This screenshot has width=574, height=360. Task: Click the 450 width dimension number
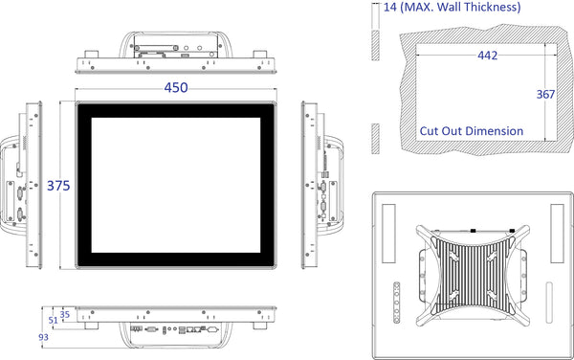(x=176, y=88)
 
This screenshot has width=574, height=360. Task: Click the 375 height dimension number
(x=58, y=186)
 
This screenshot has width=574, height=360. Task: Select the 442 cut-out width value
(x=487, y=56)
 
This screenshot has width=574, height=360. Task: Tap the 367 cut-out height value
(x=545, y=95)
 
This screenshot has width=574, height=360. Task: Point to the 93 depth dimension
(x=43, y=337)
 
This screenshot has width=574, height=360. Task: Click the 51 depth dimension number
(x=53, y=321)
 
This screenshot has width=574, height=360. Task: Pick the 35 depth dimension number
(x=65, y=315)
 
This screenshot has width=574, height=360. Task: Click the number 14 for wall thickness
(x=390, y=7)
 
